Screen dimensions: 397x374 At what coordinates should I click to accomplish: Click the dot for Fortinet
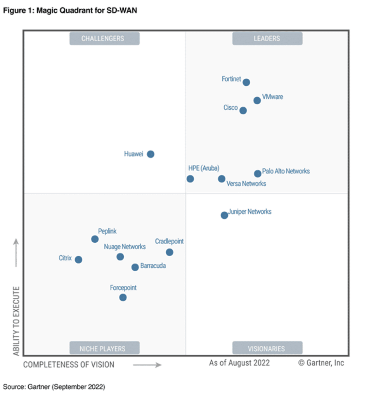(246, 82)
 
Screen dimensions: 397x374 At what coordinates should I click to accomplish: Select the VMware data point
(257, 100)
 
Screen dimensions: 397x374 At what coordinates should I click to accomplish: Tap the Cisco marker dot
(243, 110)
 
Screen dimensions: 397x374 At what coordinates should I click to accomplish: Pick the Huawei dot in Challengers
(151, 154)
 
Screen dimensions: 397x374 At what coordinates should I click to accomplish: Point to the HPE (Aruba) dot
(190, 179)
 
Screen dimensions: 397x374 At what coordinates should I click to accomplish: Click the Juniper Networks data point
(224, 215)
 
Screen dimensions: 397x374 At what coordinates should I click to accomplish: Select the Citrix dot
(78, 260)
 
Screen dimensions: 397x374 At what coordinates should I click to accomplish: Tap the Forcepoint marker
(123, 297)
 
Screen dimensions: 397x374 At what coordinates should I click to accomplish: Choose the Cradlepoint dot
(170, 252)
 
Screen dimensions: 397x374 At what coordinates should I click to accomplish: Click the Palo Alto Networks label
(286, 171)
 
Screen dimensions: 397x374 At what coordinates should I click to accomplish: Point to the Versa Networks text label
(246, 184)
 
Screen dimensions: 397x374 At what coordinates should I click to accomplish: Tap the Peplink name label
(107, 231)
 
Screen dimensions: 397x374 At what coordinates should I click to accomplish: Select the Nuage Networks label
(125, 247)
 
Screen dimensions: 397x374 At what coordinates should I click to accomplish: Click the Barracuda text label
(153, 266)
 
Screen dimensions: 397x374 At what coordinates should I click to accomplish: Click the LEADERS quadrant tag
(267, 38)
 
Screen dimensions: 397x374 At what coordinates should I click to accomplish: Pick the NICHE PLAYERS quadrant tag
(102, 349)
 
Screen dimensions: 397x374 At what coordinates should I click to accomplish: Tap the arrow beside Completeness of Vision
(147, 365)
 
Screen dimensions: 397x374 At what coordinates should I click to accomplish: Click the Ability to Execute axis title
(16, 321)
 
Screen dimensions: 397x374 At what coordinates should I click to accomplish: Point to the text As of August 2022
(239, 363)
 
